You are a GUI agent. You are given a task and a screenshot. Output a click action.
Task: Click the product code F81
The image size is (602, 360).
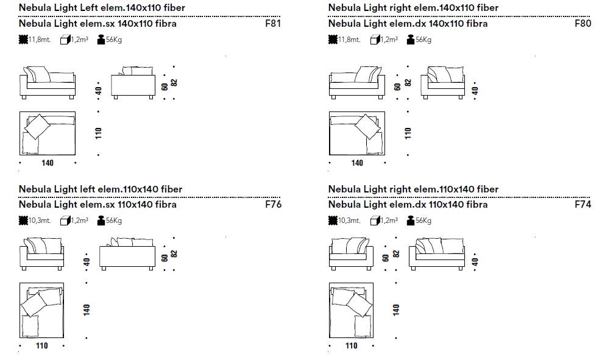[274, 24]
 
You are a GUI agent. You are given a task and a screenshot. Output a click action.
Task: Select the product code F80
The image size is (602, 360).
[583, 24]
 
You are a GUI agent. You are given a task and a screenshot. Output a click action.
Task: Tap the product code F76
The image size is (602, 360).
[274, 205]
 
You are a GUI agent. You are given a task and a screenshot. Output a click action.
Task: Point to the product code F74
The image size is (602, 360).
[583, 205]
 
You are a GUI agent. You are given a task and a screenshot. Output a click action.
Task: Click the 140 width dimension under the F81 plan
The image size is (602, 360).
[48, 163]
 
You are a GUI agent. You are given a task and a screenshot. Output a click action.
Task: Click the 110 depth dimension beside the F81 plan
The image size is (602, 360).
[99, 133]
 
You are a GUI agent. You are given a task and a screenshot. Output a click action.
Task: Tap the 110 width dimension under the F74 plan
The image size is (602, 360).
[352, 346]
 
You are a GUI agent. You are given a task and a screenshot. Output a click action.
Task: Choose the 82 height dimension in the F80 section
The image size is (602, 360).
[408, 82]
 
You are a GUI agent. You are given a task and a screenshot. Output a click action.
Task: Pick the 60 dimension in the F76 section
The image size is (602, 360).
[164, 258]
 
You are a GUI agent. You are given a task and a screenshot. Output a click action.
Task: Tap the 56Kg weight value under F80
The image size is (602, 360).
[423, 40]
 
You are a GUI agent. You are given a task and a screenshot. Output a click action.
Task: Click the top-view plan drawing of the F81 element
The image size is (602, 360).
[48, 133]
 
